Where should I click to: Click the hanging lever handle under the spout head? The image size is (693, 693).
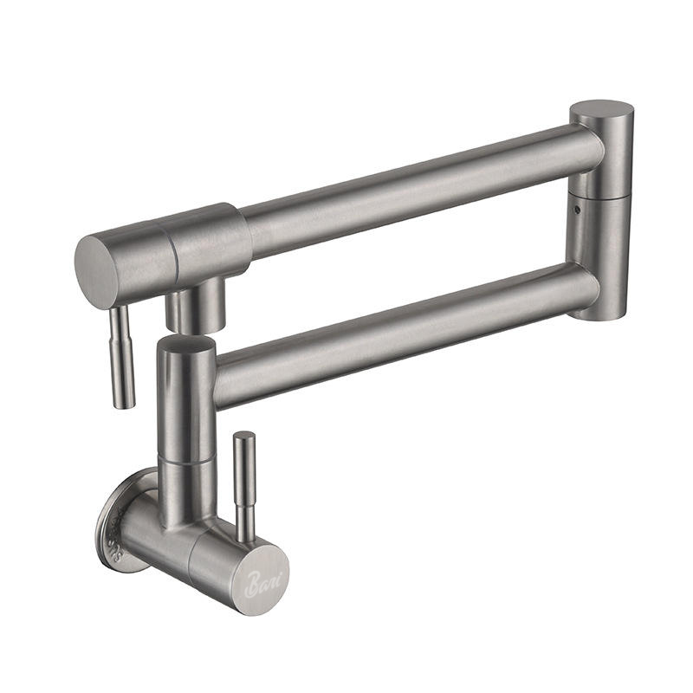point(122,355)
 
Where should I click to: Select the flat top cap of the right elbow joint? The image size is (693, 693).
point(601,111)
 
